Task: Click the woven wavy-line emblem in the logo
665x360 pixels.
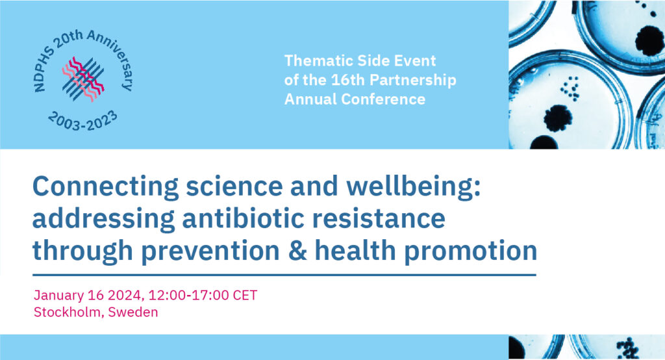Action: [83, 79]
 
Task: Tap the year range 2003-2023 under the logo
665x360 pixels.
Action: [82, 120]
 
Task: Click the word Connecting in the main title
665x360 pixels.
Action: [106, 186]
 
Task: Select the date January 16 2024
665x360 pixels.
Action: [88, 296]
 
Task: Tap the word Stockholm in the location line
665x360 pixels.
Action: [68, 312]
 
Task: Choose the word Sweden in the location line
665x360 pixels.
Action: [132, 312]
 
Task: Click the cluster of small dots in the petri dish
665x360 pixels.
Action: [570, 88]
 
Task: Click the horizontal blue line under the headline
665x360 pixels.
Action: [284, 275]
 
